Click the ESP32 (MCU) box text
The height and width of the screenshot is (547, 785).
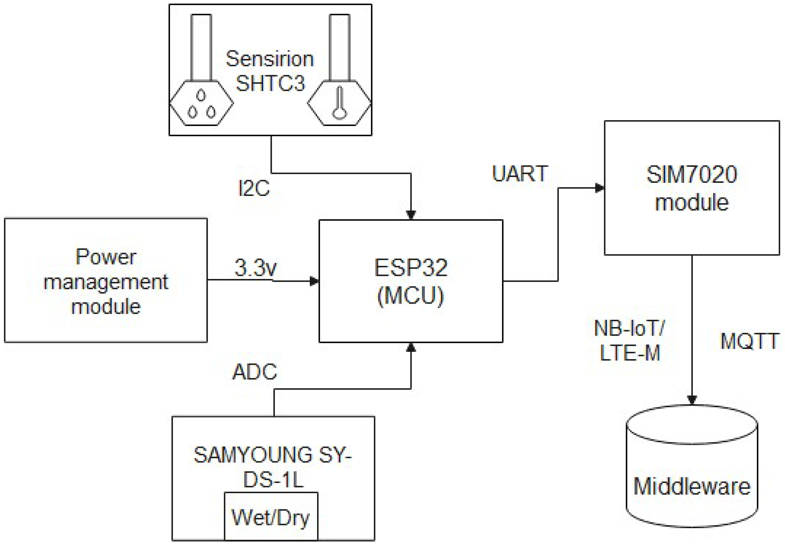(x=411, y=281)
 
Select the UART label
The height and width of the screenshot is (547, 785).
(x=520, y=174)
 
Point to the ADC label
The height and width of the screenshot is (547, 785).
(x=255, y=372)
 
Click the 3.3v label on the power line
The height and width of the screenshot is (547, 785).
(x=256, y=268)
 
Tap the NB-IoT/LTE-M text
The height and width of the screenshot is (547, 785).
(x=629, y=341)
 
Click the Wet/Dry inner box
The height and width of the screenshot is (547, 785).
(x=271, y=517)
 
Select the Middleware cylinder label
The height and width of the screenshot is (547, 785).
(x=692, y=486)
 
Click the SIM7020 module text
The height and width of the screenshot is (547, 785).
(x=692, y=189)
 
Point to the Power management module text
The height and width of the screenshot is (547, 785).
(x=106, y=281)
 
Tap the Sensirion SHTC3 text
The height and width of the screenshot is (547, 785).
(x=270, y=71)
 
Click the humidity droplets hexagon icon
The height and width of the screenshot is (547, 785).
(x=202, y=103)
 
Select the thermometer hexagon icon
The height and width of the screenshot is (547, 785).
(x=340, y=103)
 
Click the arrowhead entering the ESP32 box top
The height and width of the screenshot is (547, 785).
(x=411, y=215)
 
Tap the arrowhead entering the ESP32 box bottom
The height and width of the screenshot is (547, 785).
(x=411, y=347)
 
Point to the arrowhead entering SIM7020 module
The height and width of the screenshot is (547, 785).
(x=599, y=188)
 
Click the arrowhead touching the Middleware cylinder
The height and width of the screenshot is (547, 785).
(x=692, y=399)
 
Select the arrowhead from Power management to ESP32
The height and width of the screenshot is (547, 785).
(x=314, y=281)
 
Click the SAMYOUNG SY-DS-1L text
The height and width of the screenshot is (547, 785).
(x=273, y=467)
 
